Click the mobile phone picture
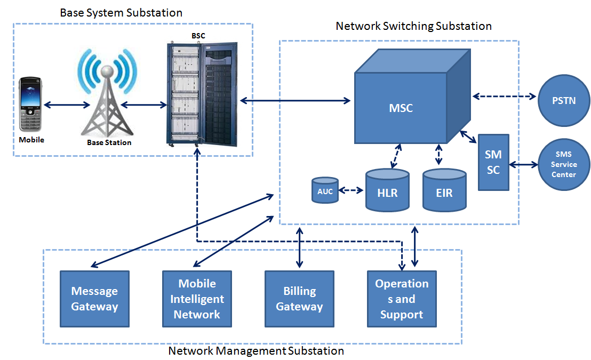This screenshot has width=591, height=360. click(x=31, y=104)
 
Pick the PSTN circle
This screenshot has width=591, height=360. click(x=564, y=100)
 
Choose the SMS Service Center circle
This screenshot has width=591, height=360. click(x=564, y=165)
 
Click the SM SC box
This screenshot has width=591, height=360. click(x=493, y=162)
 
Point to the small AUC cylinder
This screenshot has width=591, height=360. click(x=325, y=190)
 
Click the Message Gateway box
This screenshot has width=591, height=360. click(x=94, y=299)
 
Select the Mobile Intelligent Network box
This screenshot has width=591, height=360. click(x=197, y=299)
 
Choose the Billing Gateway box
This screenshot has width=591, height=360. click(x=299, y=299)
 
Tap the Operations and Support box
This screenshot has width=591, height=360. click(x=402, y=299)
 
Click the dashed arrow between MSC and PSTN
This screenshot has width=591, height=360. click(x=504, y=97)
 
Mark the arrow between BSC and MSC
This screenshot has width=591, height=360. click(x=295, y=100)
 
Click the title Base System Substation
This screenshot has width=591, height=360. click(x=121, y=12)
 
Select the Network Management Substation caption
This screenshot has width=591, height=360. click(x=256, y=351)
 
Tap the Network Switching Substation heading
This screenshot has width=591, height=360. click(x=414, y=26)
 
